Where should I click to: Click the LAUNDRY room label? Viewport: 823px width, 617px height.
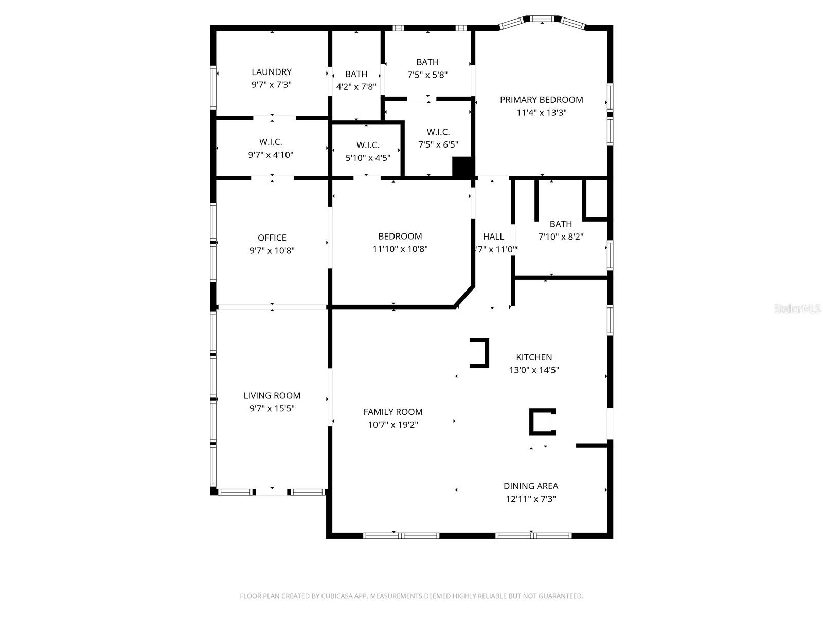272,72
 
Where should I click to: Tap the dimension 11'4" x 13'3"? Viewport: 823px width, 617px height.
541,113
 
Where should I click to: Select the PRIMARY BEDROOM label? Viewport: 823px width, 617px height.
541,100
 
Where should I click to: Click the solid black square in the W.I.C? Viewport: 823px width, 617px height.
462,167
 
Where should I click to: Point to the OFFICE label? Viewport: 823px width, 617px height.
272,238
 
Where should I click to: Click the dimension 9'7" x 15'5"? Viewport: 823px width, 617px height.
272,409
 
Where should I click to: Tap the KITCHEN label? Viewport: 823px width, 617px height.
534,357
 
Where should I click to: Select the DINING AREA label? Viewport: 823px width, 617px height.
530,486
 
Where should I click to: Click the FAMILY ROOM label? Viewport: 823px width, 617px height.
393,412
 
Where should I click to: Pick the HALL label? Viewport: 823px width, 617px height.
493,237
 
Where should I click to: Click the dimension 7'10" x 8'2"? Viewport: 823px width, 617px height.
561,237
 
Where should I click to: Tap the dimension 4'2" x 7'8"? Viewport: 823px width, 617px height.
356,87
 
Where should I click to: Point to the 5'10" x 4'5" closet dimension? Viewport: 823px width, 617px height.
368,158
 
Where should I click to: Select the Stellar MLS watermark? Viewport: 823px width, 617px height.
797,309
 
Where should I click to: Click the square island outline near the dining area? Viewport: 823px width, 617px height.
542,422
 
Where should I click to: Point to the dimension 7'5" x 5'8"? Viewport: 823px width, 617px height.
427,75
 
